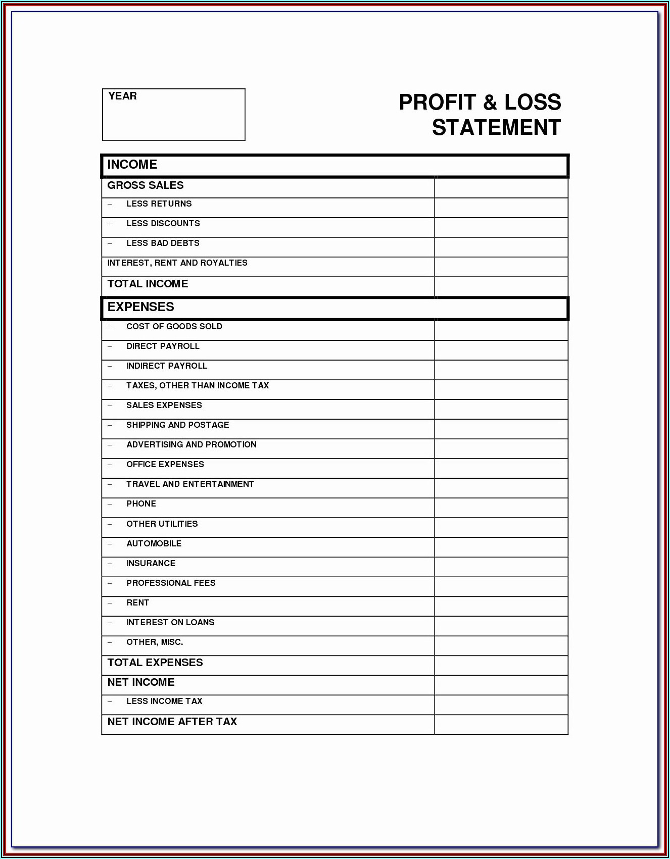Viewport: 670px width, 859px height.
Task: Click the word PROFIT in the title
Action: click(438, 103)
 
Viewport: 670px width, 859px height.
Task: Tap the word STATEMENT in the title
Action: click(496, 128)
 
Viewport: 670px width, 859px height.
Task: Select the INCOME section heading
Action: click(132, 165)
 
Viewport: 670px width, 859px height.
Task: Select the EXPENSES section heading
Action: click(140, 307)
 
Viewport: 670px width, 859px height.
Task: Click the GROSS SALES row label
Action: click(146, 185)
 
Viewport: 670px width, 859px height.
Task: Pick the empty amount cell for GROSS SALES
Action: click(501, 188)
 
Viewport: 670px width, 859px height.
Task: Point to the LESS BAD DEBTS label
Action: click(163, 243)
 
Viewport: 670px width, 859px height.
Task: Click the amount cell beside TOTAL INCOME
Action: click(501, 286)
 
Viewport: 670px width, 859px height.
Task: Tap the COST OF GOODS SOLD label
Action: click(174, 327)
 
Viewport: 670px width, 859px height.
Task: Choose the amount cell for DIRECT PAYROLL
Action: click(501, 350)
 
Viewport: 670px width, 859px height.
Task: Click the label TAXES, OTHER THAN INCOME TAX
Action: click(198, 386)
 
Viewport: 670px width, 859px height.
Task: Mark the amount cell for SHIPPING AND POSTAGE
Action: click(501, 429)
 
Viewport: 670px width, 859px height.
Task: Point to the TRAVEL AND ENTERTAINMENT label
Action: click(190, 484)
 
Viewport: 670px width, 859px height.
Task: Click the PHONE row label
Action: click(141, 504)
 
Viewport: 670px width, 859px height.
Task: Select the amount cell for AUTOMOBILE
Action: click(501, 547)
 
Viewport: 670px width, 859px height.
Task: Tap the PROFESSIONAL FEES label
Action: click(171, 583)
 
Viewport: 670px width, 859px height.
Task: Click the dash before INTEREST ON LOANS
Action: click(110, 623)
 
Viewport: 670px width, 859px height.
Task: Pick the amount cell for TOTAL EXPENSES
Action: click(501, 666)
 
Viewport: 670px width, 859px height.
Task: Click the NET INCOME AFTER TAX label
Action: click(172, 722)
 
